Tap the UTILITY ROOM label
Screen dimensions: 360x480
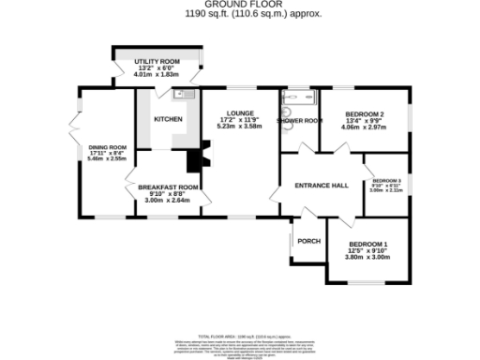point(158,61)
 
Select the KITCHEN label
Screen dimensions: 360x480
point(168,119)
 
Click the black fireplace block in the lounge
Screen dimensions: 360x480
point(195,160)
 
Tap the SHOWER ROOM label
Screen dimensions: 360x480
point(299,120)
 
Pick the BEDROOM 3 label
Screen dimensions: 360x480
point(386,180)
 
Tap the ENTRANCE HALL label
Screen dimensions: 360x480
point(322,185)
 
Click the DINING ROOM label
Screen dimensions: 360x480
point(106,147)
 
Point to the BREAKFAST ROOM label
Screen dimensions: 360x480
point(169,187)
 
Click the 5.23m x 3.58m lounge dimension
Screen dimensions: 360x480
point(236,127)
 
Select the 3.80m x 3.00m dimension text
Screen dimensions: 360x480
point(367,257)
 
